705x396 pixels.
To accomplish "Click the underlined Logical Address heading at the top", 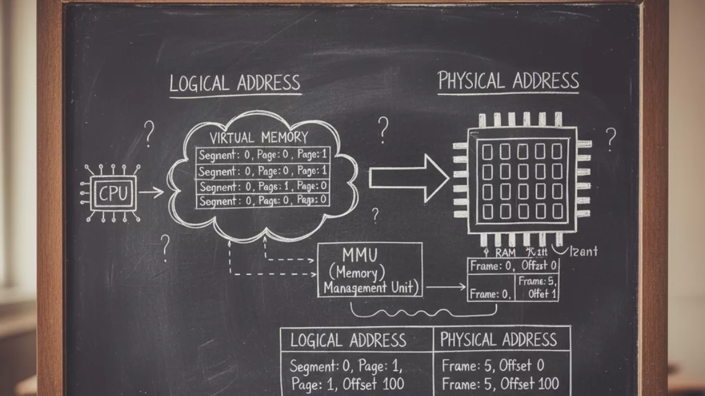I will tap(235, 83).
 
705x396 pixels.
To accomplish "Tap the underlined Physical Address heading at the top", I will tap(508, 81).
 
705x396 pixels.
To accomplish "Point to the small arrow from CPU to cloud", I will tap(151, 191).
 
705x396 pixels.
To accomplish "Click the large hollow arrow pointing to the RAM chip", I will tap(408, 177).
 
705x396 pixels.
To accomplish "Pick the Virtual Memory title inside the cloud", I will tap(258, 138).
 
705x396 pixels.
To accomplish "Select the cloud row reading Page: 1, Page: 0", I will tap(263, 187).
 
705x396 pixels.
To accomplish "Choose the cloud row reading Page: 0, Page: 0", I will tap(263, 201).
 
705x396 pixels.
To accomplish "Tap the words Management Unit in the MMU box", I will tap(371, 287).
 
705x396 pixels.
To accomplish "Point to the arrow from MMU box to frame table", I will tap(445, 287).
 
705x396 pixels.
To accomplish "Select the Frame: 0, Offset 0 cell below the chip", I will tap(513, 266).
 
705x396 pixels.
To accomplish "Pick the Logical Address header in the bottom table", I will tap(348, 340).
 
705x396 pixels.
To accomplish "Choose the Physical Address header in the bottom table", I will tap(498, 340).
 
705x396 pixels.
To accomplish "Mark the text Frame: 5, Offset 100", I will tap(500, 384).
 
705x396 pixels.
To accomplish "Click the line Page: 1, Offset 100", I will tap(347, 384).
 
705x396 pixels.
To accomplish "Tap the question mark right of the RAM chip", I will tap(611, 138).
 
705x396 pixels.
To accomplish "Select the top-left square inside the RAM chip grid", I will tap(487, 151).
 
